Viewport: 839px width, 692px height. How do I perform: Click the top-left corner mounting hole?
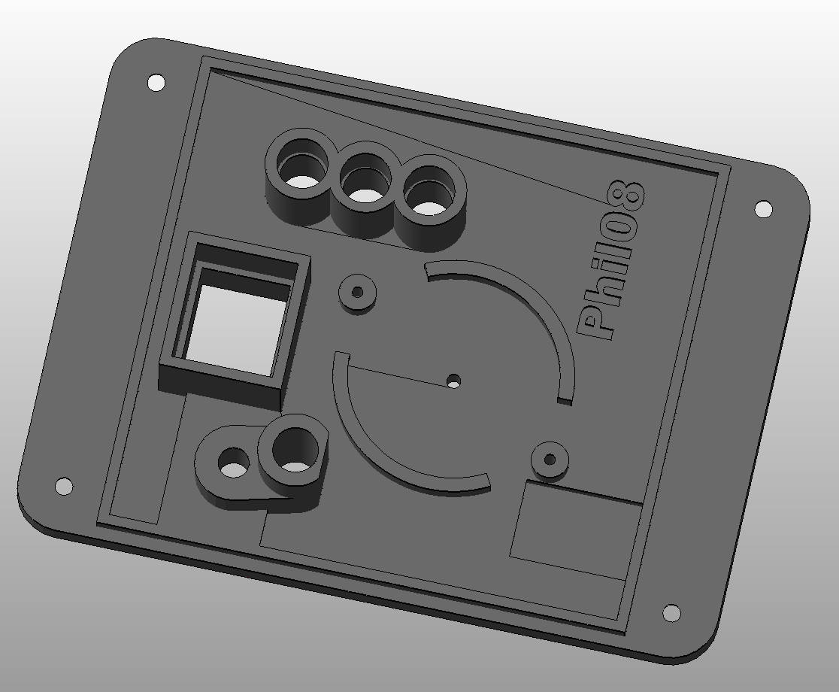point(156,83)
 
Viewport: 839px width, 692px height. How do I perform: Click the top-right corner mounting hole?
point(763,208)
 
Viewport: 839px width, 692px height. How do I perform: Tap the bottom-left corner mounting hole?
point(64,486)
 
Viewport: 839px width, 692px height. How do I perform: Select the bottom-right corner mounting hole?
point(671,612)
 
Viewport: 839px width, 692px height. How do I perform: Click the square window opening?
point(236,326)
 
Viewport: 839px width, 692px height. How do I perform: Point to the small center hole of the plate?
point(454,381)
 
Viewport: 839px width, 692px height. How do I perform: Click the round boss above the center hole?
point(357,293)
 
